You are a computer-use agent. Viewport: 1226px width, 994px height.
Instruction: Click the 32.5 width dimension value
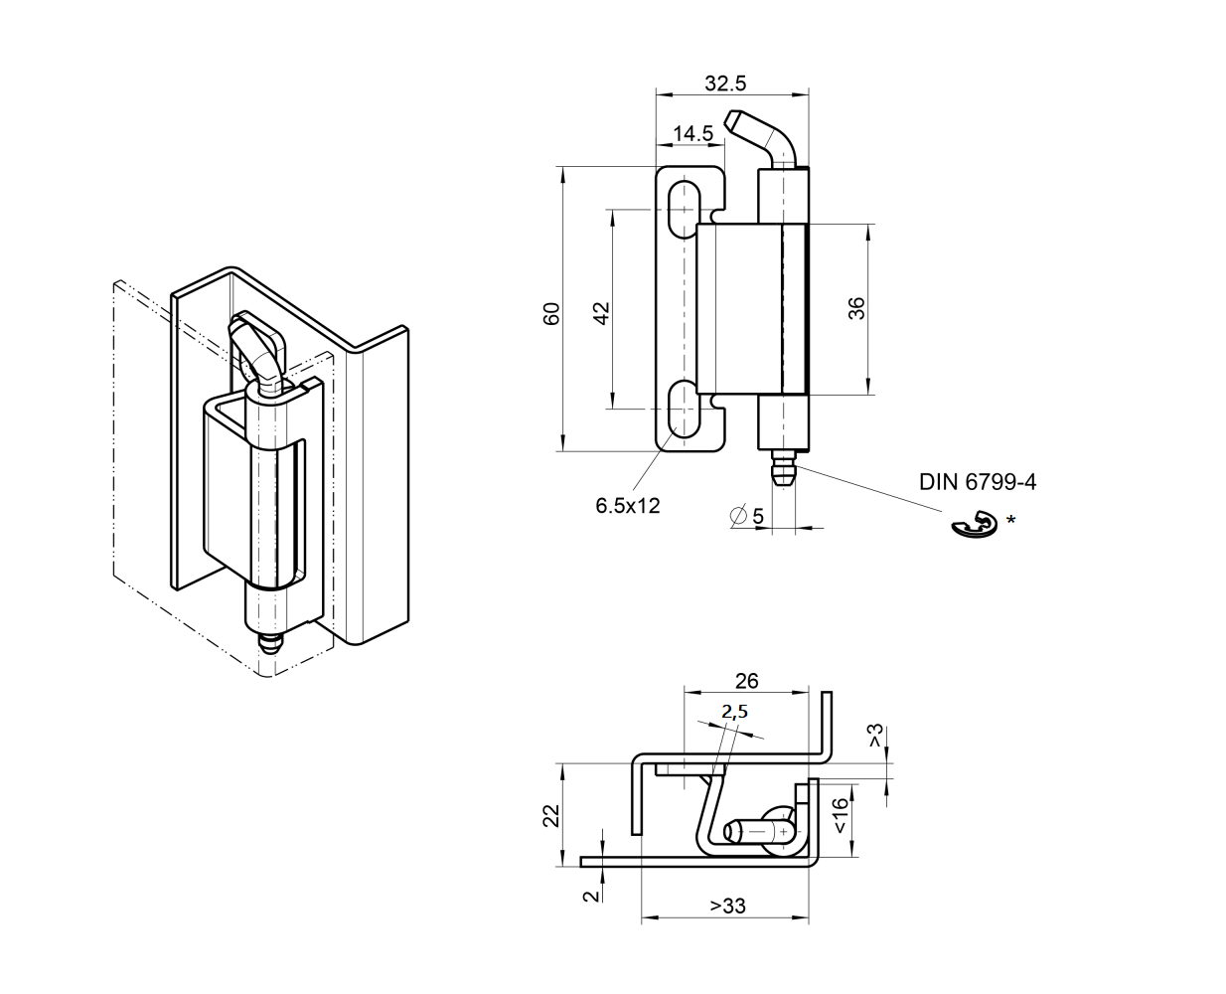pyautogui.click(x=725, y=83)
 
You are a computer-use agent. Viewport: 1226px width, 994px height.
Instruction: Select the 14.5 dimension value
pyautogui.click(x=691, y=133)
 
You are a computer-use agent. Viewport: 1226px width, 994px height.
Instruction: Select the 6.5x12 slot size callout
pyautogui.click(x=627, y=505)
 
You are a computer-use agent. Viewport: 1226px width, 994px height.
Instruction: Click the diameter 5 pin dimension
pyautogui.click(x=747, y=516)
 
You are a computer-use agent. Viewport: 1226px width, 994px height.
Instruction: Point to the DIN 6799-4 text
pyautogui.click(x=977, y=482)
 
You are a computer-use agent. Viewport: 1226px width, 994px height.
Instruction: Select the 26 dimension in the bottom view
pyautogui.click(x=746, y=681)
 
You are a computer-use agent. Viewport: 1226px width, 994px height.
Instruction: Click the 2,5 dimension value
pyautogui.click(x=734, y=711)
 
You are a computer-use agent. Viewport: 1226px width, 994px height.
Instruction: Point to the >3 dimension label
pyautogui.click(x=875, y=737)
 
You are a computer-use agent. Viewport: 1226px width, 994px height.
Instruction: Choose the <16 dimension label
pyautogui.click(x=841, y=815)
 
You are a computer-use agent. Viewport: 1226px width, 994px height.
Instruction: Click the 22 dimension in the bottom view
pyautogui.click(x=551, y=815)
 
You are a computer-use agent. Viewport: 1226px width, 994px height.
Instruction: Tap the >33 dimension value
pyautogui.click(x=727, y=906)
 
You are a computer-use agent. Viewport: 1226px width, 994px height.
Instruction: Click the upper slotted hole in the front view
pyautogui.click(x=682, y=209)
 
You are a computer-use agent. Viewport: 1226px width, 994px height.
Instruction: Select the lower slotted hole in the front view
pyautogui.click(x=682, y=409)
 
